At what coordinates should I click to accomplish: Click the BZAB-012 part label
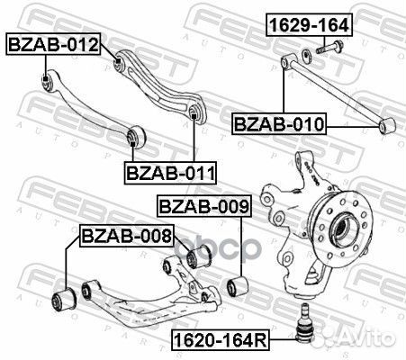pyautogui.click(x=53, y=41)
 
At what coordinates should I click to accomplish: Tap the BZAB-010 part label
pyautogui.click(x=280, y=122)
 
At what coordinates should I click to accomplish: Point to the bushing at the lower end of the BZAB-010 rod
pyautogui.click(x=387, y=125)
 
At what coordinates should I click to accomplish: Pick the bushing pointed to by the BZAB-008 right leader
pyautogui.click(x=200, y=258)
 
